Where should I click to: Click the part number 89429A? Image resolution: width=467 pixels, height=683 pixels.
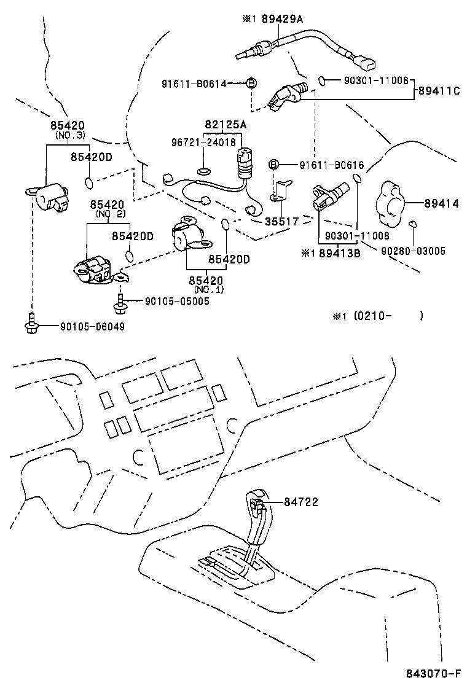tap(278, 19)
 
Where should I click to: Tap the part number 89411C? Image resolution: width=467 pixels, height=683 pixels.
tap(439, 91)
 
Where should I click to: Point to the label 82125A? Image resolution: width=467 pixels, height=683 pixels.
tap(226, 125)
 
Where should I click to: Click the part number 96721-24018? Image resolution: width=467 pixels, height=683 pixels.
tap(203, 142)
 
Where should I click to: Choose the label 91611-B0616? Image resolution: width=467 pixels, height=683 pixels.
tap(332, 165)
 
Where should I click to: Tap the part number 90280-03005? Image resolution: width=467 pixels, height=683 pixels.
tap(413, 251)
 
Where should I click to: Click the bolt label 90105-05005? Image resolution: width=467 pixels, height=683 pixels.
tap(177, 301)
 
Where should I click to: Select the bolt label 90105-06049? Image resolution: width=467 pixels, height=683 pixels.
tap(92, 327)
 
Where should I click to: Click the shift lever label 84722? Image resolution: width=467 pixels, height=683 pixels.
tap(301, 502)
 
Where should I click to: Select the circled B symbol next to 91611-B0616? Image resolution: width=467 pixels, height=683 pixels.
tap(275, 165)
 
